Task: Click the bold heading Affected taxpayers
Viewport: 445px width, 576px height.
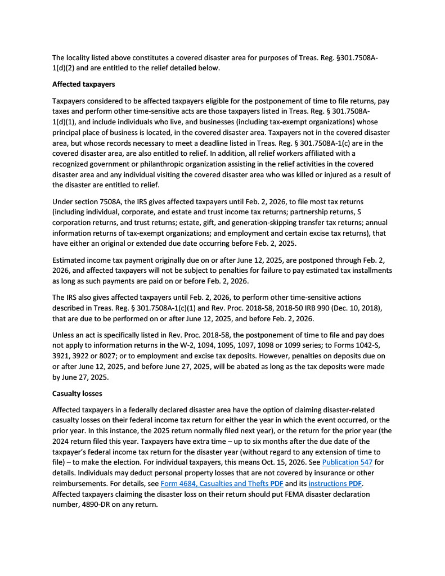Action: point(83,84)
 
